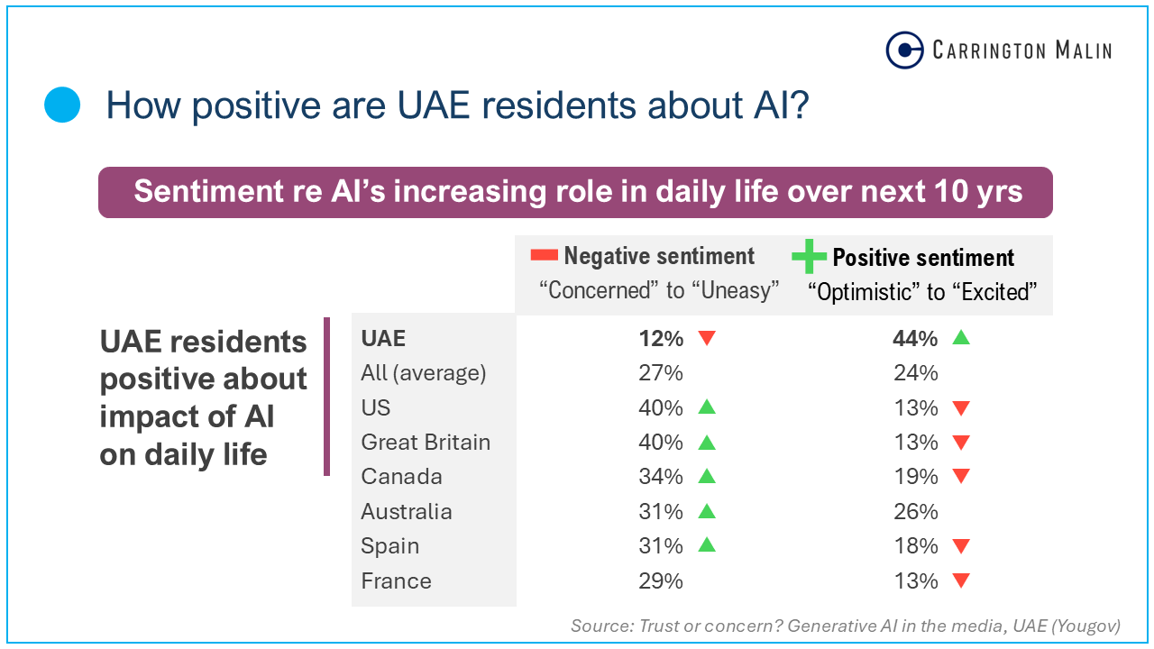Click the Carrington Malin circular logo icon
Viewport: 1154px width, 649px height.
904,50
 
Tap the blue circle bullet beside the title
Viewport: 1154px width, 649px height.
63,105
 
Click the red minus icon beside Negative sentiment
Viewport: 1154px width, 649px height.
545,256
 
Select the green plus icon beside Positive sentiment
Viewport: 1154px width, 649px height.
809,257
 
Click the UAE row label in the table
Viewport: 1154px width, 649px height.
383,339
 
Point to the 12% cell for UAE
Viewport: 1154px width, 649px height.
660,339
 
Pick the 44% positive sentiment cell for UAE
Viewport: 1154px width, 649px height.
915,339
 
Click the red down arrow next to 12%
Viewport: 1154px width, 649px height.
706,338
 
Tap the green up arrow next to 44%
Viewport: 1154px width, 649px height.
961,338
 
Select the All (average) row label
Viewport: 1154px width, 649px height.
423,373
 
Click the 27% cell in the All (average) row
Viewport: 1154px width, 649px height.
660,373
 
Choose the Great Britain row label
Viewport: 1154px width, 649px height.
426,443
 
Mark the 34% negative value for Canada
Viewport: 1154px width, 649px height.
660,477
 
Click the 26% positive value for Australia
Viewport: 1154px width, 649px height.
915,512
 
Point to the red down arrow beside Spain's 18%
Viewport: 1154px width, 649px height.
961,546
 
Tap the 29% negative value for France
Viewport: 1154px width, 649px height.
660,581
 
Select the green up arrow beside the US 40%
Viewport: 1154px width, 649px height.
706,407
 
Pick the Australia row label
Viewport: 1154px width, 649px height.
406,512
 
